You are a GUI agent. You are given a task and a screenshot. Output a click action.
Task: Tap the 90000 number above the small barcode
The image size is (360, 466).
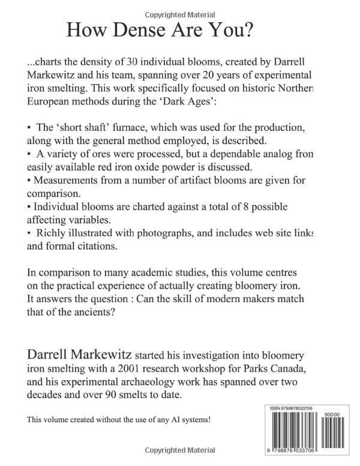click(332, 414)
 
